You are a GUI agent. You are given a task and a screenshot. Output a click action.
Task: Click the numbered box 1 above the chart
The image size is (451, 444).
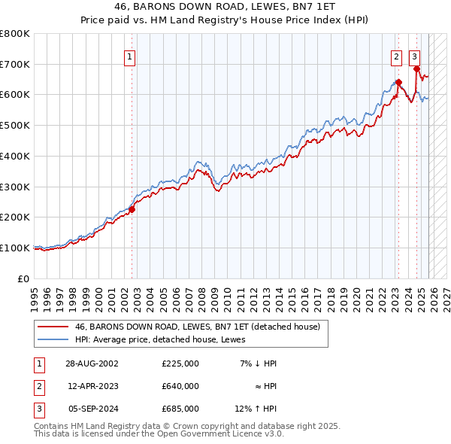coord(130,56)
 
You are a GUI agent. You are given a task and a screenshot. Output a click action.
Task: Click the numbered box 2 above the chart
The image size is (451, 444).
coord(395,56)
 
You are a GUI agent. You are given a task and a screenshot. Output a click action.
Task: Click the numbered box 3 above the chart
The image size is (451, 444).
coord(414,56)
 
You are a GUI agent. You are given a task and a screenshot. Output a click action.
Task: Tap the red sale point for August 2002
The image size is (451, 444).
coord(132,209)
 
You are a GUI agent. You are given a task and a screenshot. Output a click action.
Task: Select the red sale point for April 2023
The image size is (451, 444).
coord(398,82)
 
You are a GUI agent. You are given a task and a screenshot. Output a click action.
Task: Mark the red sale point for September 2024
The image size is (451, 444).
coord(416,68)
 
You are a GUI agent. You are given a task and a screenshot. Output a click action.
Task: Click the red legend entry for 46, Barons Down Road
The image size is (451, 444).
coord(197,327)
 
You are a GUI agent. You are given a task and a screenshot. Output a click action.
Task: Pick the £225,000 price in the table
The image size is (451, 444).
coord(180,363)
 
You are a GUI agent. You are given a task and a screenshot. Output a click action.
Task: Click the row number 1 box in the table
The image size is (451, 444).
coord(38,363)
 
